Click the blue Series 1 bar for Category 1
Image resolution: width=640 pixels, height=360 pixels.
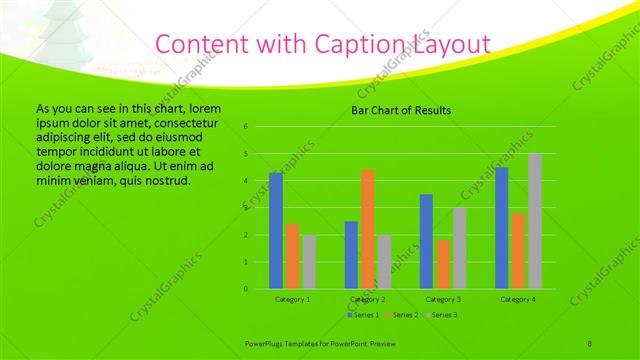[276, 231]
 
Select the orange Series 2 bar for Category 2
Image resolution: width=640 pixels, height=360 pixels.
[368, 229]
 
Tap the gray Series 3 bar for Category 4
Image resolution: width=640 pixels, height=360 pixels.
[535, 221]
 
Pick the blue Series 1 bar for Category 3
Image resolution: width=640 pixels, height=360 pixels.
[426, 241]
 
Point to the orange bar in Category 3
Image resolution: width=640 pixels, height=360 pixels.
[443, 264]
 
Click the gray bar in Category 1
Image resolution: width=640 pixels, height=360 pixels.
[308, 262]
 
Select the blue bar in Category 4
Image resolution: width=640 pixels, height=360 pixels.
[502, 228]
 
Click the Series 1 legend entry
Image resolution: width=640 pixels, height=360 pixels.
[363, 315]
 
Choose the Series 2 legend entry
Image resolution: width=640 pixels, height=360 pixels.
[402, 315]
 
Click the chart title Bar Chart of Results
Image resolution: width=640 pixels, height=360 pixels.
[400, 110]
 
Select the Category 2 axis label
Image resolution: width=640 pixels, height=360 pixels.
[368, 299]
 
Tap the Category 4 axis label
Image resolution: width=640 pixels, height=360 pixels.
[518, 299]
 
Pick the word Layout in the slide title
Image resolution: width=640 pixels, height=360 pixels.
[450, 44]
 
